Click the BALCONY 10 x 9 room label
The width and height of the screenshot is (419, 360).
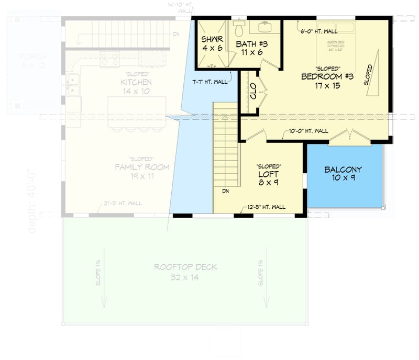click(343, 174)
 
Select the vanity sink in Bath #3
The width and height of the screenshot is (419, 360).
click(263, 27)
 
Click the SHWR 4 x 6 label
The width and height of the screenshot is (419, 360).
click(212, 43)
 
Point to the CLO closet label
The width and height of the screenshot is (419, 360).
click(253, 94)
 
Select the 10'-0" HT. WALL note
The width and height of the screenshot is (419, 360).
click(309, 131)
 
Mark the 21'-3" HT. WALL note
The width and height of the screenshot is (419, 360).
click(123, 204)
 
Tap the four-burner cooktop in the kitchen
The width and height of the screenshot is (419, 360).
click(110, 59)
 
